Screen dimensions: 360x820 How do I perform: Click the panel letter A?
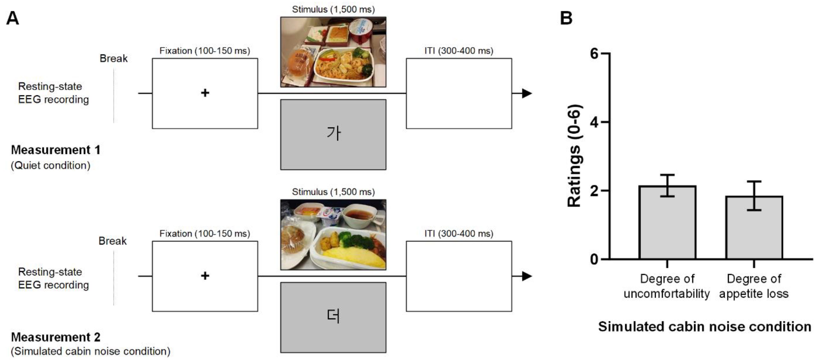point(13,18)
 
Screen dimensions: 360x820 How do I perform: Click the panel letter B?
point(566,18)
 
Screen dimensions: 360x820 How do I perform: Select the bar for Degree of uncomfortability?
point(667,223)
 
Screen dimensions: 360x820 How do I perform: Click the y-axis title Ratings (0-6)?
point(575,156)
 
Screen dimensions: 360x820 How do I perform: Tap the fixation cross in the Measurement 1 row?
point(205,93)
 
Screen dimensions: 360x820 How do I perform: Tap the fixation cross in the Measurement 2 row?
point(205,276)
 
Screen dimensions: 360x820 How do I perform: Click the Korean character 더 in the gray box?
point(334,316)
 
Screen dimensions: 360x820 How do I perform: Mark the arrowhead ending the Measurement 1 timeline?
point(527,94)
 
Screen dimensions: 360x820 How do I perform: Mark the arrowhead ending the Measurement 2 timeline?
point(527,276)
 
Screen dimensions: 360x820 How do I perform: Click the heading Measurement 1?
point(56,150)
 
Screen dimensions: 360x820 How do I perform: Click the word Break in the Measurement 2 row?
point(112,241)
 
